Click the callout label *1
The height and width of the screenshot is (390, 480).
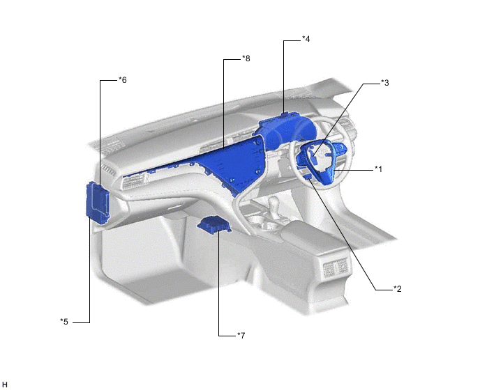coord(379,169)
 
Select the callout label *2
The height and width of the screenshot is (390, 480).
coord(398,289)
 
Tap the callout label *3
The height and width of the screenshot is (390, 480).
coord(385,83)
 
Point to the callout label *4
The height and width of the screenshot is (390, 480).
coord(306,39)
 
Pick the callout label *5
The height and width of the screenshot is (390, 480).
coord(64,322)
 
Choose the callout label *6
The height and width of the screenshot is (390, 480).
coord(123,80)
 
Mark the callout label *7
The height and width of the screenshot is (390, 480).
coord(241,336)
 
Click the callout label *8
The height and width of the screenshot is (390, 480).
coord(246,58)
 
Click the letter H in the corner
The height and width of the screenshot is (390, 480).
coord(5,385)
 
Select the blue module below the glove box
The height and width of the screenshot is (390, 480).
coord(213,225)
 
